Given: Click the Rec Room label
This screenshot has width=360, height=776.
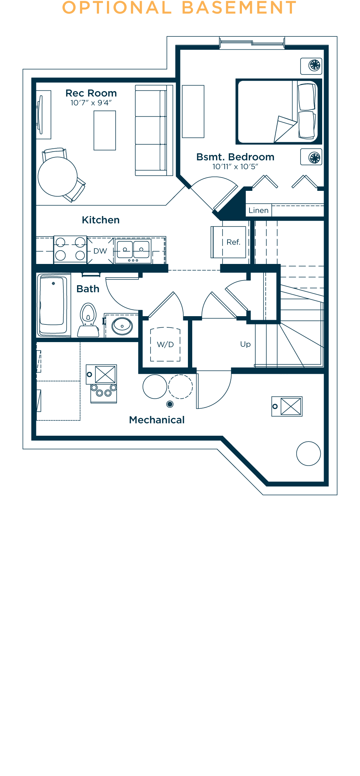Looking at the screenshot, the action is pyautogui.click(x=91, y=93).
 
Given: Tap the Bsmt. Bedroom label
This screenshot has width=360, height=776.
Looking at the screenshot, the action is pyautogui.click(x=235, y=157).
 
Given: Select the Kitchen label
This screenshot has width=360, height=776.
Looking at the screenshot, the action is pyautogui.click(x=101, y=220).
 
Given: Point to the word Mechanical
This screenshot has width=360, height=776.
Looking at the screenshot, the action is pyautogui.click(x=157, y=420).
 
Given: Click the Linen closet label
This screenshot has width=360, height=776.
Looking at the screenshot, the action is pyautogui.click(x=258, y=210).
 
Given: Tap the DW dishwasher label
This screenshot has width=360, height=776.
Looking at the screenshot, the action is pyautogui.click(x=100, y=251).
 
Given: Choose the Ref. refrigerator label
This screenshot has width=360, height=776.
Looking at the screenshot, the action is pyautogui.click(x=233, y=242).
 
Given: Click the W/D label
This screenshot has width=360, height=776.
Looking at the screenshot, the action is pyautogui.click(x=166, y=345).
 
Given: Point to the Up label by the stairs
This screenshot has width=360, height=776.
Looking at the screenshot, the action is pyautogui.click(x=246, y=344).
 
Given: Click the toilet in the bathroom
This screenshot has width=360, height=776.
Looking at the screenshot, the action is pyautogui.click(x=88, y=320).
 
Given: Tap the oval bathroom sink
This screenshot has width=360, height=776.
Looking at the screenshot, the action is pyautogui.click(x=122, y=326).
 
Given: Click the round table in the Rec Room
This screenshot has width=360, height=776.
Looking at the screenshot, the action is pyautogui.click(x=58, y=177).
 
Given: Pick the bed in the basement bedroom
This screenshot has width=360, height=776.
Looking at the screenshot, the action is pyautogui.click(x=279, y=112).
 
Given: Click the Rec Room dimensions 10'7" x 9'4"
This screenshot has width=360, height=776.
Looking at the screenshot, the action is pyautogui.click(x=91, y=103).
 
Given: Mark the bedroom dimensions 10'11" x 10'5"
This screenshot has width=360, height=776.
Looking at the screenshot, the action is pyautogui.click(x=235, y=167).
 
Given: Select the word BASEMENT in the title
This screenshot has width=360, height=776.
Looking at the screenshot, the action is pyautogui.click(x=239, y=8).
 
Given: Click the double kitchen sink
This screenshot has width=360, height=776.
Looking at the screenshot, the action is pyautogui.click(x=133, y=250).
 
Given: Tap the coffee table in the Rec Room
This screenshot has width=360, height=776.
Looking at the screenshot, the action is pyautogui.click(x=105, y=130).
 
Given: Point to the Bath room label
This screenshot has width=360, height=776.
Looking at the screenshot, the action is pyautogui.click(x=88, y=289).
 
